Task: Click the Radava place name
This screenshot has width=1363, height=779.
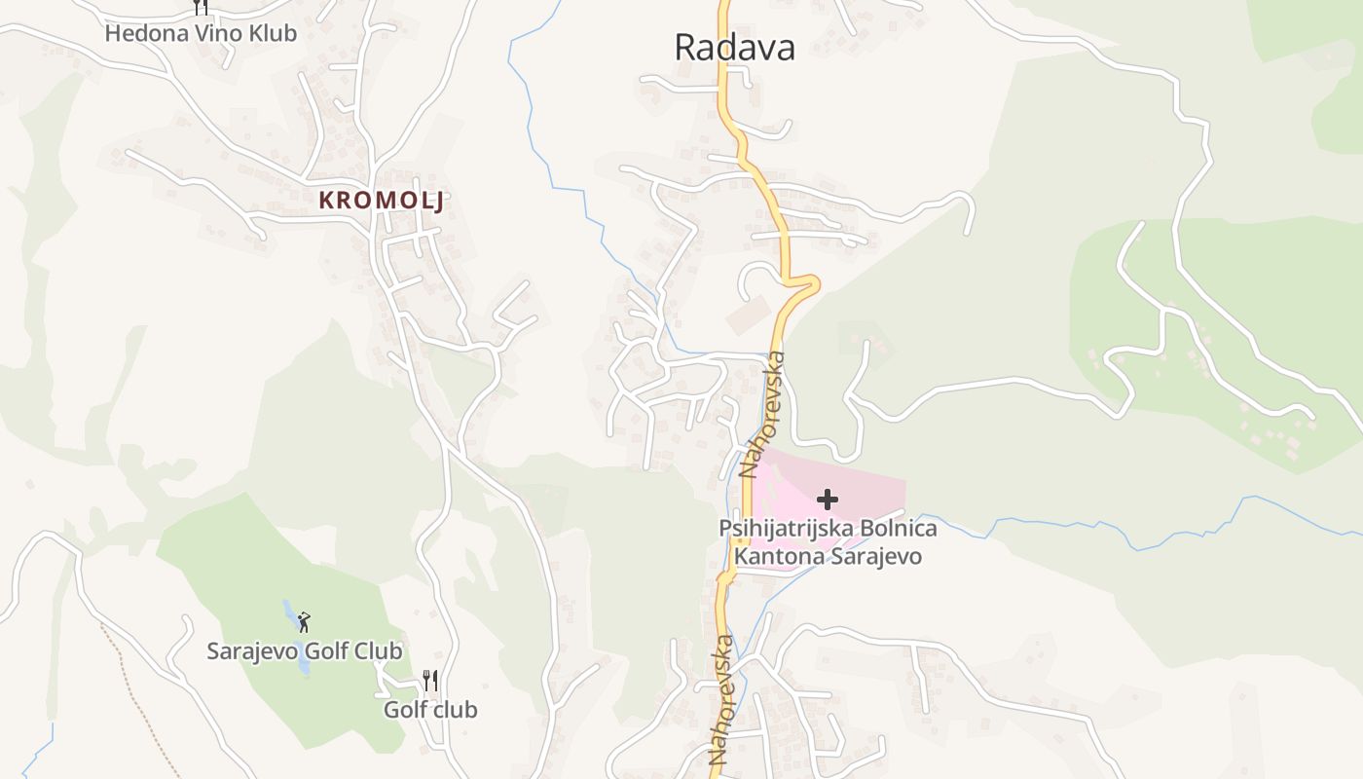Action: (x=734, y=47)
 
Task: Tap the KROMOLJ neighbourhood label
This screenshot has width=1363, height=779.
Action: (x=382, y=201)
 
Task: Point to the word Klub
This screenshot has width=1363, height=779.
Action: (x=274, y=33)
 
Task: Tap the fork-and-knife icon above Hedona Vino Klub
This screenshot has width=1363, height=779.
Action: (x=200, y=7)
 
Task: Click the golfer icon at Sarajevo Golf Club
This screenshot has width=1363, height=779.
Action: (x=304, y=621)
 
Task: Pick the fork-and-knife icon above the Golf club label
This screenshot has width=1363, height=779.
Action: (x=429, y=680)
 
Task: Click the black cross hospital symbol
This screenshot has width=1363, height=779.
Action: (x=828, y=500)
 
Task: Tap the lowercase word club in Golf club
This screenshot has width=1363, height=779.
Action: (x=455, y=709)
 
